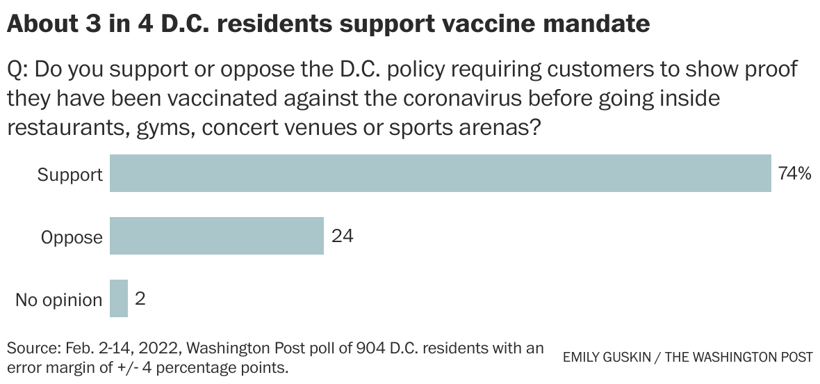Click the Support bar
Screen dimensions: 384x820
(441, 173)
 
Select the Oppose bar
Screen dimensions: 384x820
(217, 236)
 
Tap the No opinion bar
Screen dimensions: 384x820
(119, 298)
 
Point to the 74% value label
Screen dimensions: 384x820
(794, 174)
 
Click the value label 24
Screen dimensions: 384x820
(342, 237)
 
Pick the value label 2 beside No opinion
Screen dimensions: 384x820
(140, 299)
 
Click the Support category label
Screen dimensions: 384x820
(69, 175)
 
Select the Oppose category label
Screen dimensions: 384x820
(72, 237)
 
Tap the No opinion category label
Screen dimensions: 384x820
(58, 300)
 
